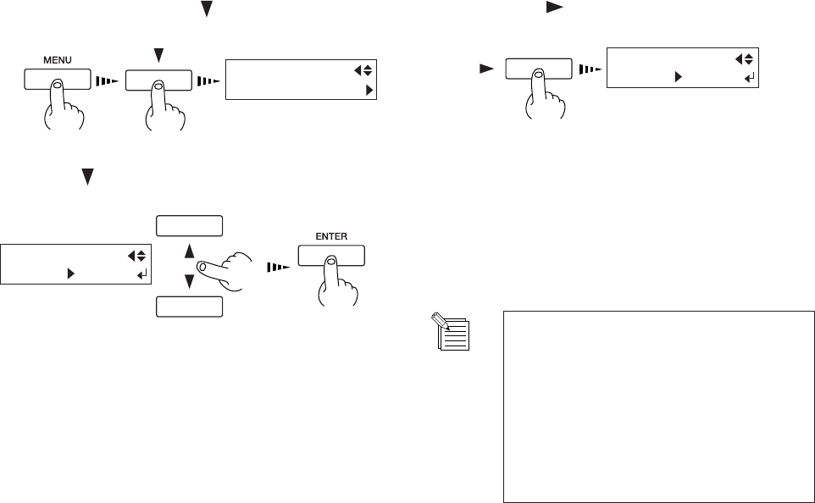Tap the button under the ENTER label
[x=331, y=255]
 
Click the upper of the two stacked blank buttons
[x=190, y=225]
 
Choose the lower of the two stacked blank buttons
[x=190, y=307]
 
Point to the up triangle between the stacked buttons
[x=190, y=251]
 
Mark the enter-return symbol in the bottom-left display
[x=141, y=274]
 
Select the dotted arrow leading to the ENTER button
[x=278, y=267]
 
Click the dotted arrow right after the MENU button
[x=106, y=81]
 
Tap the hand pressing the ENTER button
[x=331, y=284]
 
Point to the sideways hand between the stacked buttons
[x=227, y=268]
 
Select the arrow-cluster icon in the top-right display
[x=744, y=58]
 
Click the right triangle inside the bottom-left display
[x=71, y=274]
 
